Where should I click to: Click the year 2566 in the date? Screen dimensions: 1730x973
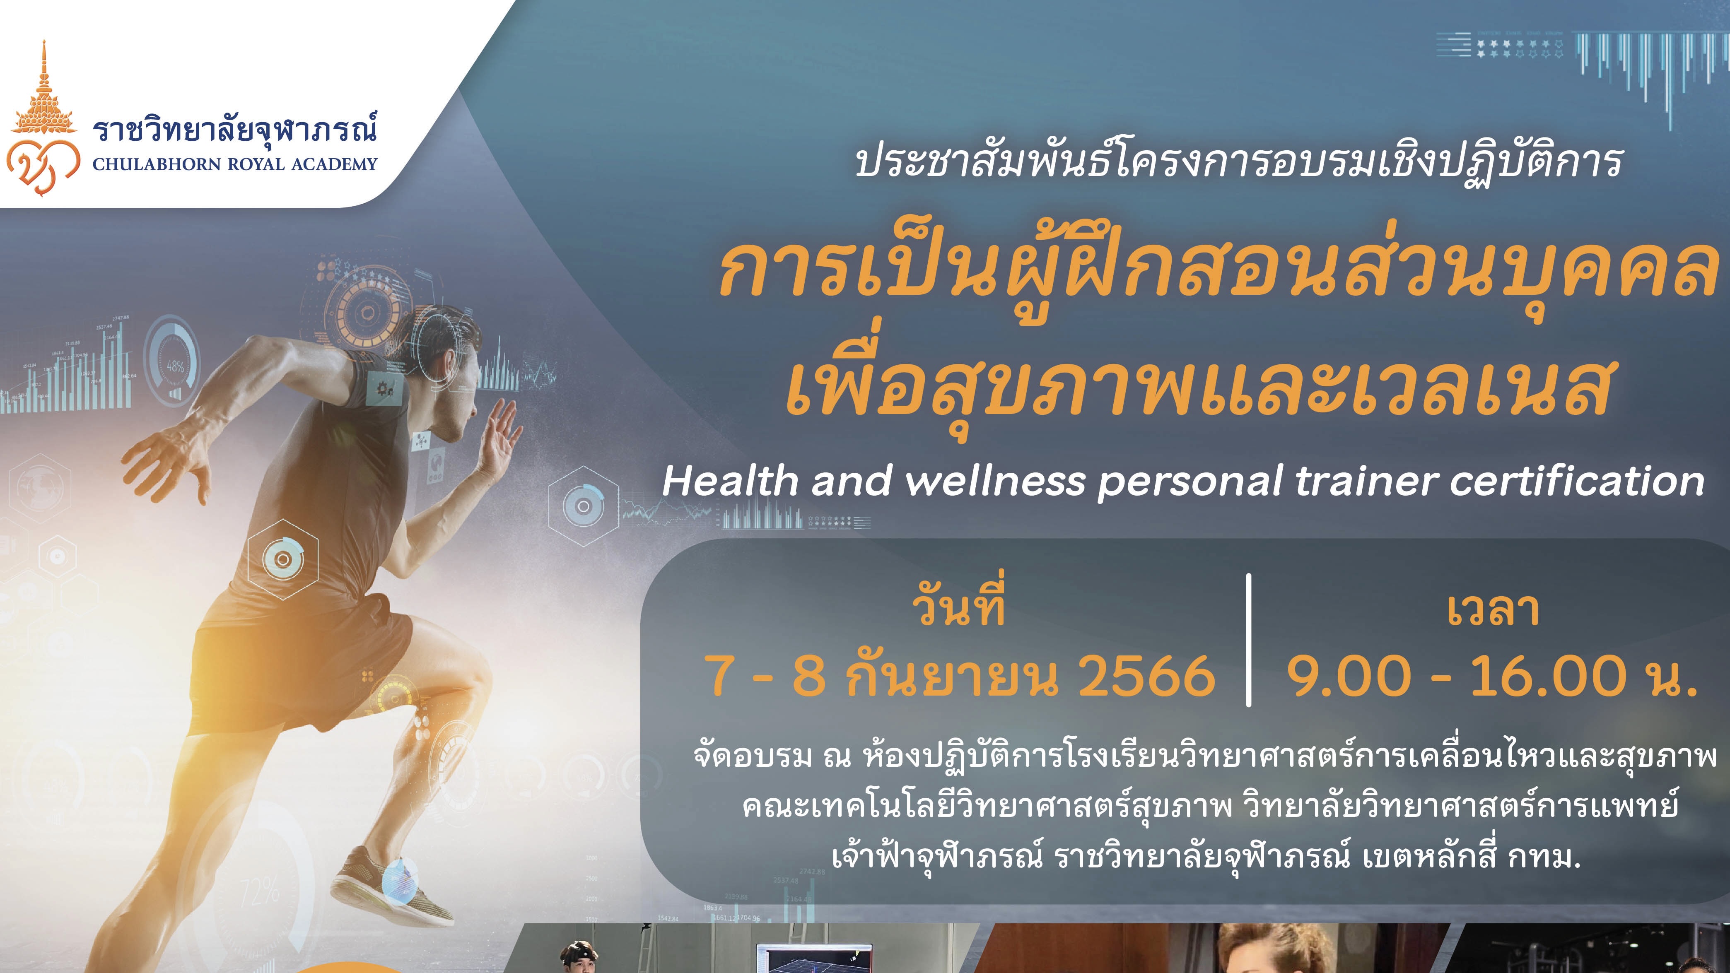pyautogui.click(x=1146, y=676)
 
